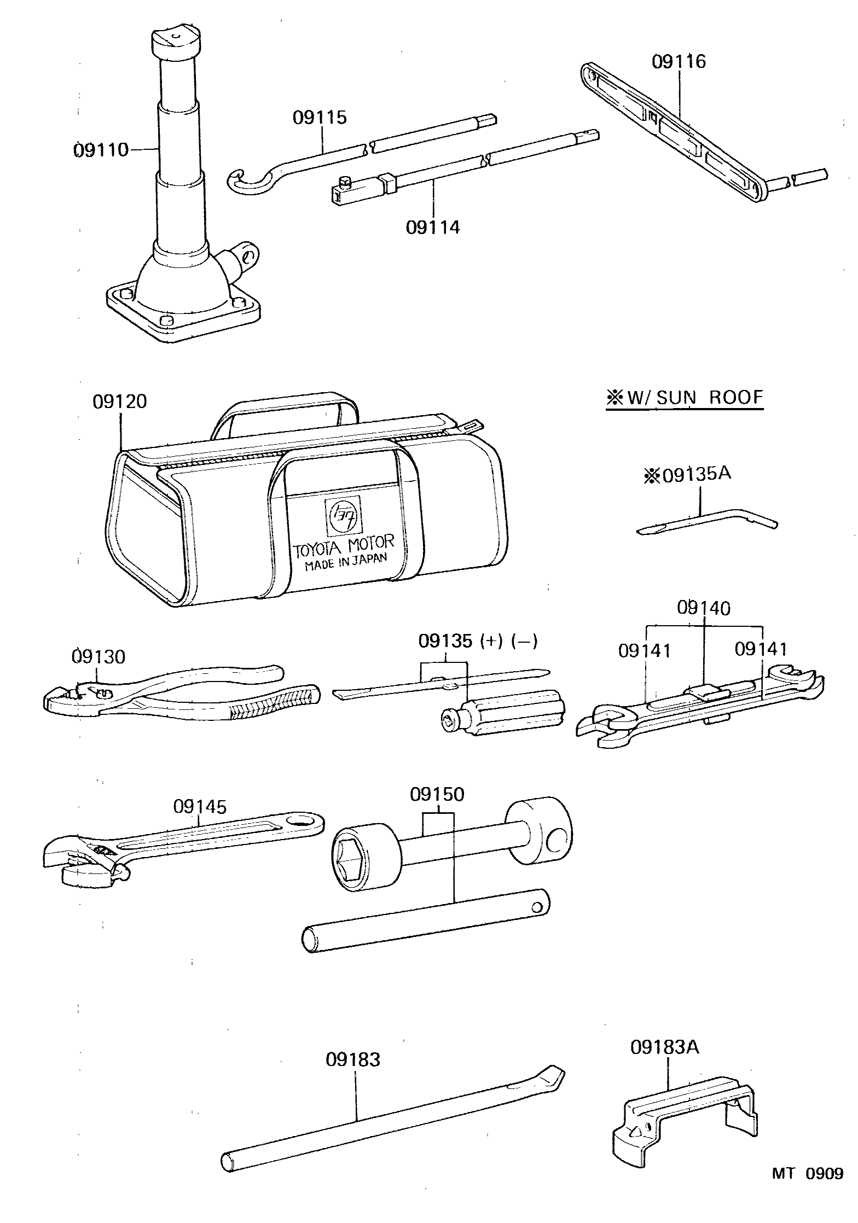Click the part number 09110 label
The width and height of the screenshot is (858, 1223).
click(101, 149)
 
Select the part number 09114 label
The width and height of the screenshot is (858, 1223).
click(433, 227)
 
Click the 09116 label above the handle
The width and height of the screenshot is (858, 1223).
click(679, 61)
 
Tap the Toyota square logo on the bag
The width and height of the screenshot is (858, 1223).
click(343, 516)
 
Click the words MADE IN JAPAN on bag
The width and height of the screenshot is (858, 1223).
click(346, 562)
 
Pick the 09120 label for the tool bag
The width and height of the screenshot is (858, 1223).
click(120, 401)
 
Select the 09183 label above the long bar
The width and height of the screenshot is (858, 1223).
click(353, 1060)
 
